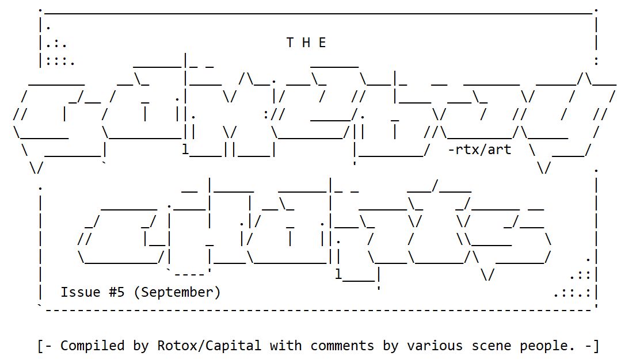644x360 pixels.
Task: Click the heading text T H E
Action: (306, 43)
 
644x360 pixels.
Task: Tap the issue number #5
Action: (116, 292)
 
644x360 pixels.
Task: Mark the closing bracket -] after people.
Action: (592, 346)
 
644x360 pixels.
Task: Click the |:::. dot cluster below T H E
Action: (57, 59)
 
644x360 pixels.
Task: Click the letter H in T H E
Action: (306, 43)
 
